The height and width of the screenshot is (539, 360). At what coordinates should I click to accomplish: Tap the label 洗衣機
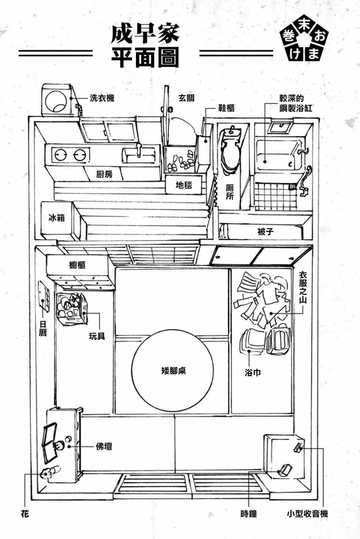coord(102,98)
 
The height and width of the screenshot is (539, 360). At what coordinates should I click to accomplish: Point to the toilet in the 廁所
coord(229,152)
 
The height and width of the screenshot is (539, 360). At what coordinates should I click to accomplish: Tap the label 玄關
coord(186,98)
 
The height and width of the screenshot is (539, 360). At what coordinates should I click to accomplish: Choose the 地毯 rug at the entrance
coord(184,184)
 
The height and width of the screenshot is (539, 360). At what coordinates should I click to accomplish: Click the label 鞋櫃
coord(226,108)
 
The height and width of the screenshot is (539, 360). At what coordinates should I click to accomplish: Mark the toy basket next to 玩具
coord(70,309)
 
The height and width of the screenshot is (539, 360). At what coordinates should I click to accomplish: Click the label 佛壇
coord(104,447)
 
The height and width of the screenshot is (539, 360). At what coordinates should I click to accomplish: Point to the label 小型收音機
coord(307,513)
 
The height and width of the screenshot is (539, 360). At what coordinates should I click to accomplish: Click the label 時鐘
coord(248,513)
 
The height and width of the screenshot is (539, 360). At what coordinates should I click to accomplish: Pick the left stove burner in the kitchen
coord(61,154)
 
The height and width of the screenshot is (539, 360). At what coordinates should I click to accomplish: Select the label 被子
coord(265,232)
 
